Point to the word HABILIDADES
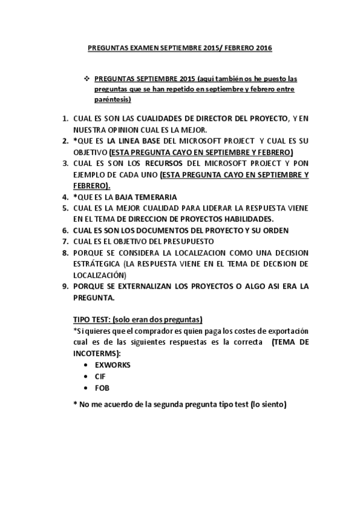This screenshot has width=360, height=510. [x=248, y=218]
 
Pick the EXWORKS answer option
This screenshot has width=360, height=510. [x=113, y=364]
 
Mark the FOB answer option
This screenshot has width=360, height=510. [x=102, y=387]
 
